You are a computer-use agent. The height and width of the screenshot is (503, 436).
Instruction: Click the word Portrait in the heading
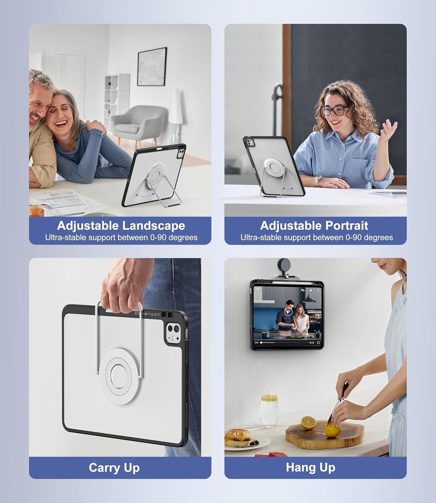click(x=347, y=226)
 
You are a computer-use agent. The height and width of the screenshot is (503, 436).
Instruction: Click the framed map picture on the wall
click(x=152, y=66)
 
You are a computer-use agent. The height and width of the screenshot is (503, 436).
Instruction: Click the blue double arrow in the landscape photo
click(x=145, y=195)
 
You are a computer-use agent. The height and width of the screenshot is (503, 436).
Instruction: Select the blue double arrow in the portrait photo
click(x=288, y=188)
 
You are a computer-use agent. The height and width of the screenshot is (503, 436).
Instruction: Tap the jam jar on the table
click(x=37, y=210)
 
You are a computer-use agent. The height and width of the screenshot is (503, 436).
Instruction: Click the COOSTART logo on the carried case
click(x=147, y=314)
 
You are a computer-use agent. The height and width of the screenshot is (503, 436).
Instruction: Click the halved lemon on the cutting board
click(x=308, y=423)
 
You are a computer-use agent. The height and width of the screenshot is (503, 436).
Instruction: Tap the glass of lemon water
click(x=270, y=410)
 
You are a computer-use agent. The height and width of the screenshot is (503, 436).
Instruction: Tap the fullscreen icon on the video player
click(x=318, y=343)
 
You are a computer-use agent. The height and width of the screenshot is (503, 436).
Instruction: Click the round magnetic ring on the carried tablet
click(x=119, y=376)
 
